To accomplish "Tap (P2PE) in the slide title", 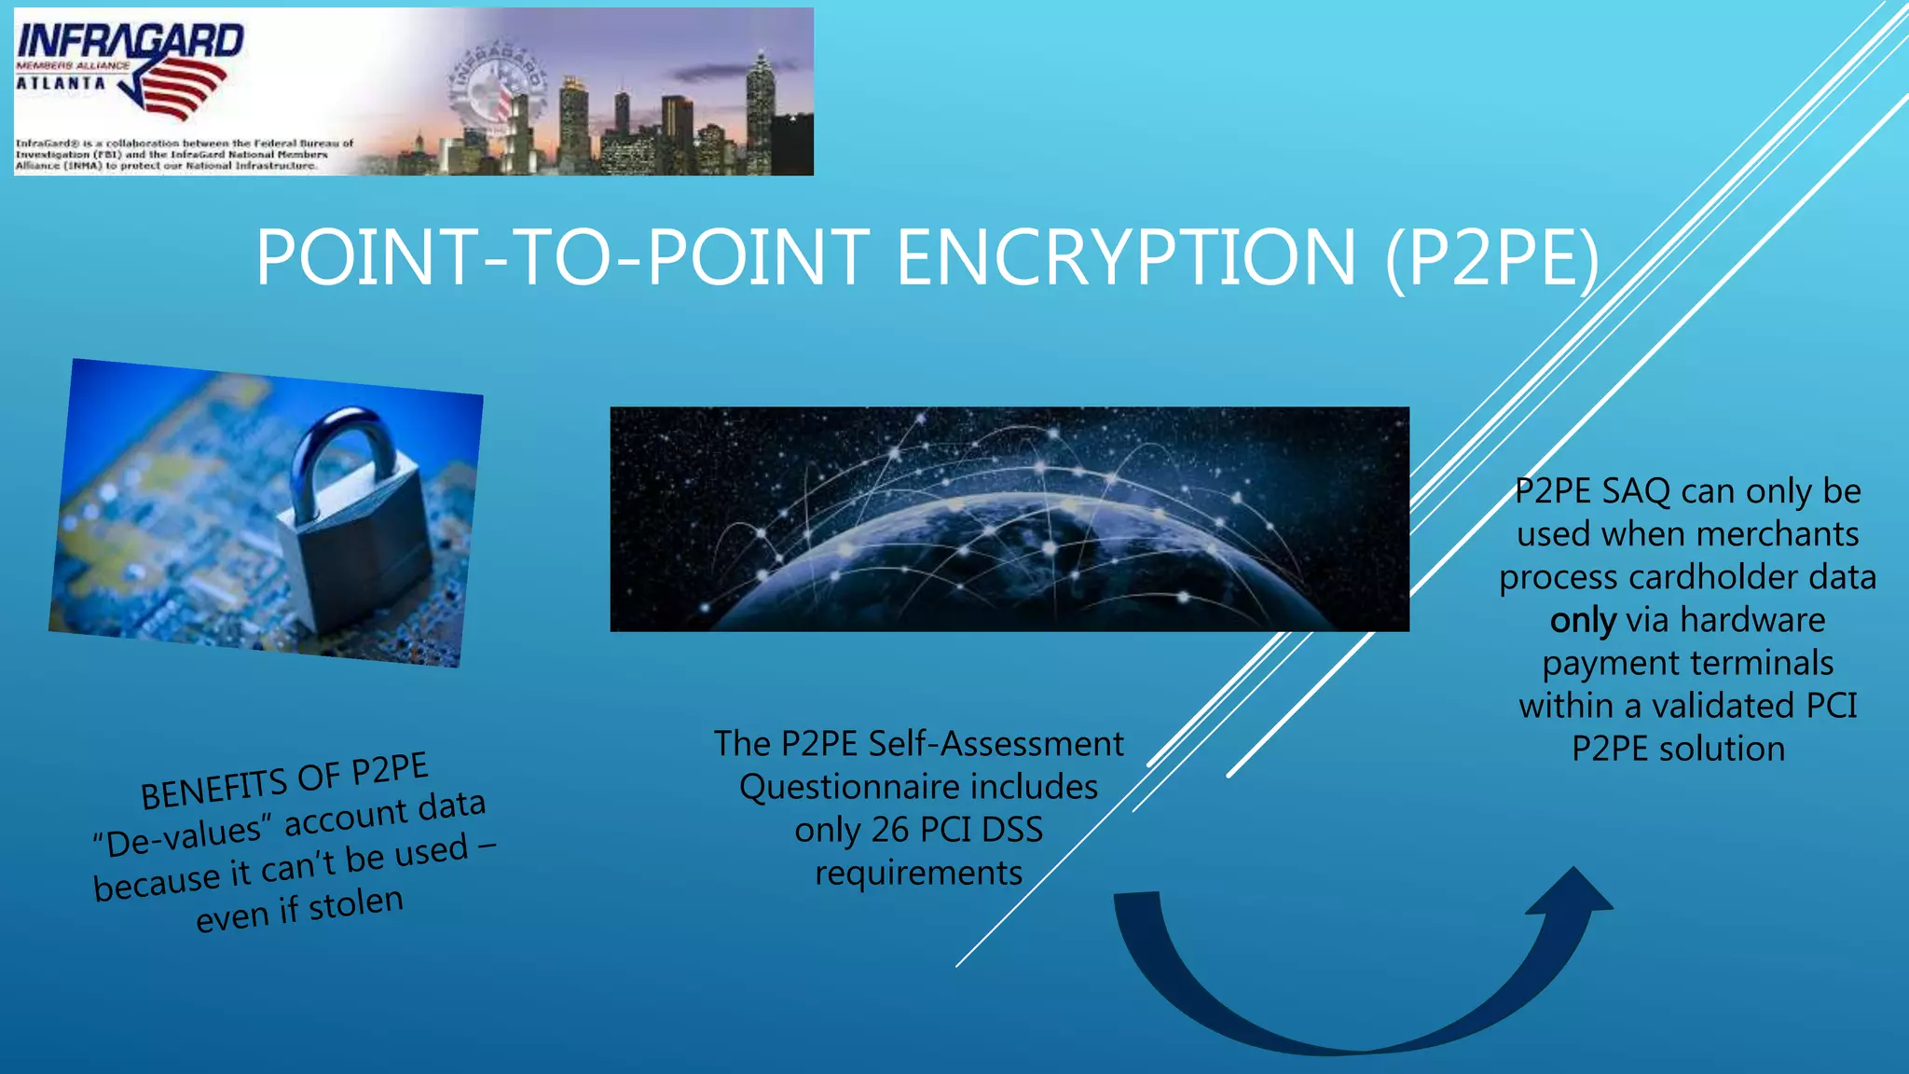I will [x=1491, y=257].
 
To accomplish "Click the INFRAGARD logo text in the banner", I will [x=130, y=42].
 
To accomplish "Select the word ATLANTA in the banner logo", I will [x=62, y=83].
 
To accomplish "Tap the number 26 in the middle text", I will [x=889, y=830].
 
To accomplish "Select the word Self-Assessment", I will [x=996, y=744].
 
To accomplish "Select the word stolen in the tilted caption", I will [x=356, y=904].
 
